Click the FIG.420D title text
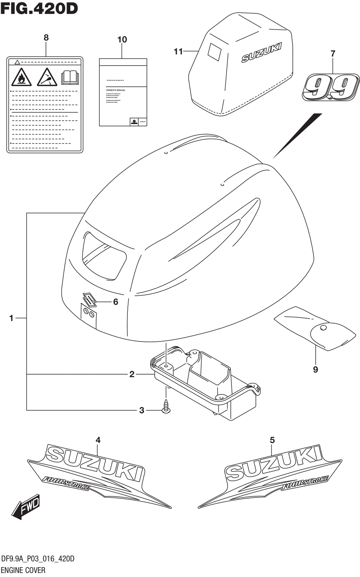[x=39, y=9]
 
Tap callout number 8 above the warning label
[x=46, y=37]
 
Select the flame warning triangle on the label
[x=21, y=77]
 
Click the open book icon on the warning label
[x=70, y=77]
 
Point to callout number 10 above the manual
[x=122, y=40]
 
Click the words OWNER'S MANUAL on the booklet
[x=116, y=90]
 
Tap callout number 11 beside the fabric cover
[x=178, y=52]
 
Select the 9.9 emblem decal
[x=331, y=87]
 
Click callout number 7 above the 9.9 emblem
[x=333, y=54]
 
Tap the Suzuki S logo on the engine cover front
[x=89, y=299]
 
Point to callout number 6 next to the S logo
[x=116, y=302]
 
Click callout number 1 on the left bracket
[x=12, y=318]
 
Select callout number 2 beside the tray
[x=132, y=374]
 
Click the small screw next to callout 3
[x=166, y=406]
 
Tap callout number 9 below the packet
[x=315, y=370]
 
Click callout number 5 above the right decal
[x=272, y=440]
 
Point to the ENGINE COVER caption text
[x=23, y=570]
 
